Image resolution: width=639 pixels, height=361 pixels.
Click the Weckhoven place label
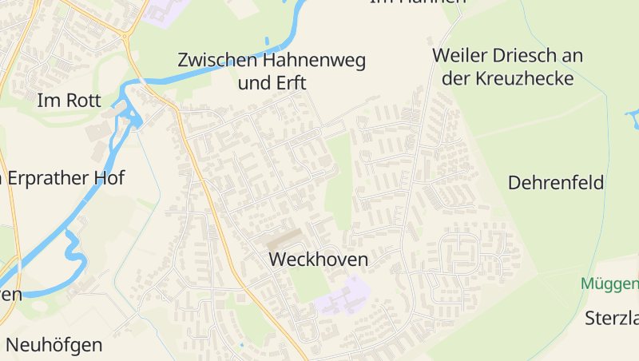point(319,260)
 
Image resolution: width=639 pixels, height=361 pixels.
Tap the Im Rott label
point(69,101)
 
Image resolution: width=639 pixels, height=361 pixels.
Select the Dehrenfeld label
point(556,183)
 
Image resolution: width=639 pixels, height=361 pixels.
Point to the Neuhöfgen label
point(54,346)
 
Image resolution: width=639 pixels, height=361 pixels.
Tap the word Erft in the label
point(291,83)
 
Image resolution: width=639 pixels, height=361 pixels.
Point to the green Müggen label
point(610,284)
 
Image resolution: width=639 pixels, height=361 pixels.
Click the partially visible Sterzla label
point(612,317)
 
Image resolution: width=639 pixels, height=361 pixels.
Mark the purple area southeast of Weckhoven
point(342,296)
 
